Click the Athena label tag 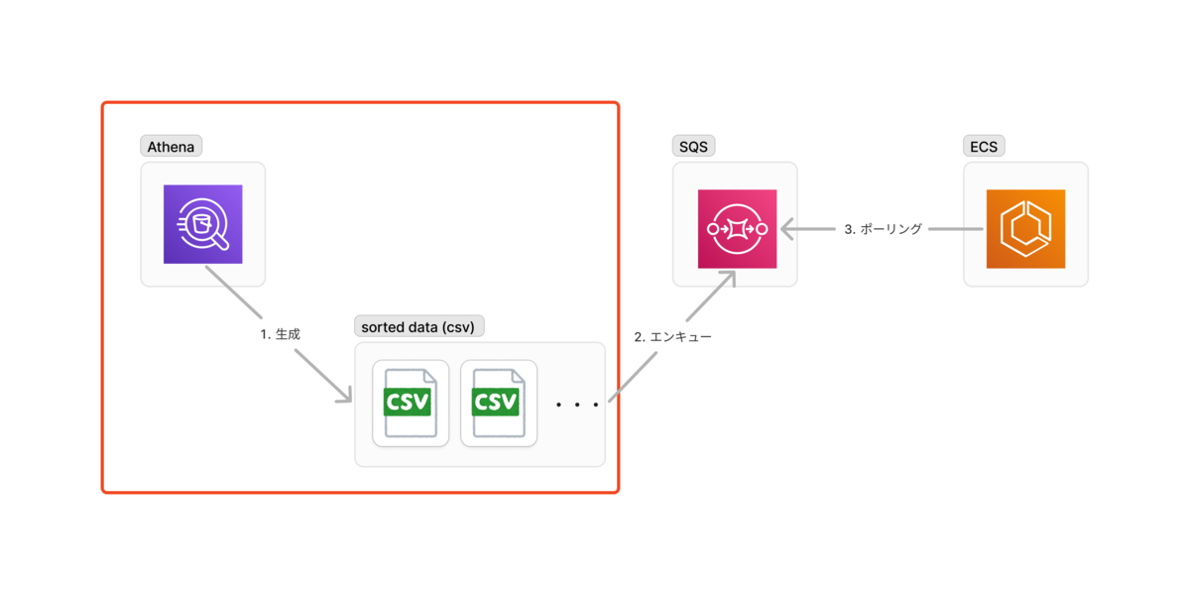[x=171, y=146]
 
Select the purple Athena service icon [x=203, y=224]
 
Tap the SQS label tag [x=693, y=146]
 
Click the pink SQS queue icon [x=738, y=229]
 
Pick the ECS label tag [x=984, y=146]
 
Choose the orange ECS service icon [x=1025, y=229]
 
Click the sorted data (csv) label [x=418, y=326]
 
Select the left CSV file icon [x=411, y=404]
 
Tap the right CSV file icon [x=499, y=404]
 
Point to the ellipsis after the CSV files [x=577, y=405]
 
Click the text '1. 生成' [x=280, y=334]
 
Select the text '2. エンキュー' [x=672, y=337]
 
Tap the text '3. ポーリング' [x=883, y=229]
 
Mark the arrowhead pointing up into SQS [x=729, y=278]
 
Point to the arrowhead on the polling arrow [x=787, y=229]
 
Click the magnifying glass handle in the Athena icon [x=220, y=242]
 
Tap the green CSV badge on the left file [x=408, y=403]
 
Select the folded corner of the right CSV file [x=519, y=376]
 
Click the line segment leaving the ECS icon [x=956, y=229]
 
